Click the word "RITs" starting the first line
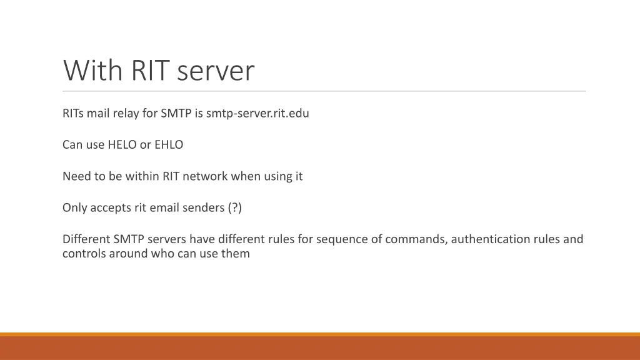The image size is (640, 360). (73, 114)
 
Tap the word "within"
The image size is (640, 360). (142, 176)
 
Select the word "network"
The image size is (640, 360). (205, 176)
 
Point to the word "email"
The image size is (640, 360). (164, 207)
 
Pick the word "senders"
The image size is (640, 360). (203, 207)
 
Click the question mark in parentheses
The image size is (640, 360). (234, 207)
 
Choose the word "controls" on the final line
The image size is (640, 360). (84, 254)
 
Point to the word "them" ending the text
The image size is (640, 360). (236, 254)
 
